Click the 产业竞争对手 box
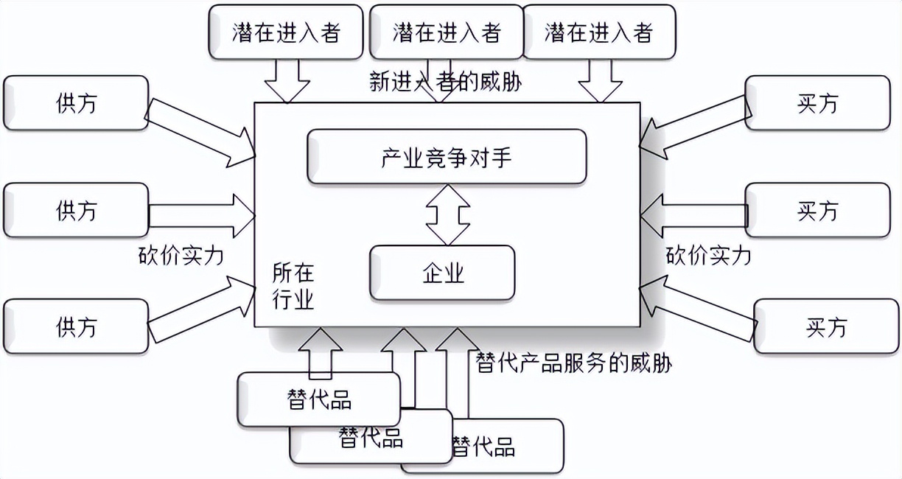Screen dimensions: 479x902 [x=447, y=156]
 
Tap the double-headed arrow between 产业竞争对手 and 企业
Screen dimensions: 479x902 [x=447, y=214]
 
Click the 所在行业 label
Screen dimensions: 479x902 [x=293, y=287]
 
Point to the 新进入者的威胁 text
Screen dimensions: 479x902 [x=445, y=80]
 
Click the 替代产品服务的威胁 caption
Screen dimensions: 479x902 [x=575, y=363]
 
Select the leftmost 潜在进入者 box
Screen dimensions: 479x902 [x=286, y=32]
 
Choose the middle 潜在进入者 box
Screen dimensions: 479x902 [x=447, y=32]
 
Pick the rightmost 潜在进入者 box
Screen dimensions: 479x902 [x=599, y=32]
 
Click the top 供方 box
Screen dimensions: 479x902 [x=76, y=103]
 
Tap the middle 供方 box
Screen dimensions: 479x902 [x=76, y=211]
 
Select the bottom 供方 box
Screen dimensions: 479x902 [x=76, y=326]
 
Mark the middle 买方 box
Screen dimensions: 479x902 [x=817, y=211]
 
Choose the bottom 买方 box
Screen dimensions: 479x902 [x=826, y=326]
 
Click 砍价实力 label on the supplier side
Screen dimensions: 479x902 [x=181, y=256]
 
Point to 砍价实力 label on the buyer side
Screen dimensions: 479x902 [x=708, y=256]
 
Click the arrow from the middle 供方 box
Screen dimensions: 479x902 [x=202, y=214]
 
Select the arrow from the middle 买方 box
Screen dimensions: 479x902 [x=693, y=214]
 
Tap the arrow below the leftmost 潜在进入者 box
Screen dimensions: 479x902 [x=287, y=80]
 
